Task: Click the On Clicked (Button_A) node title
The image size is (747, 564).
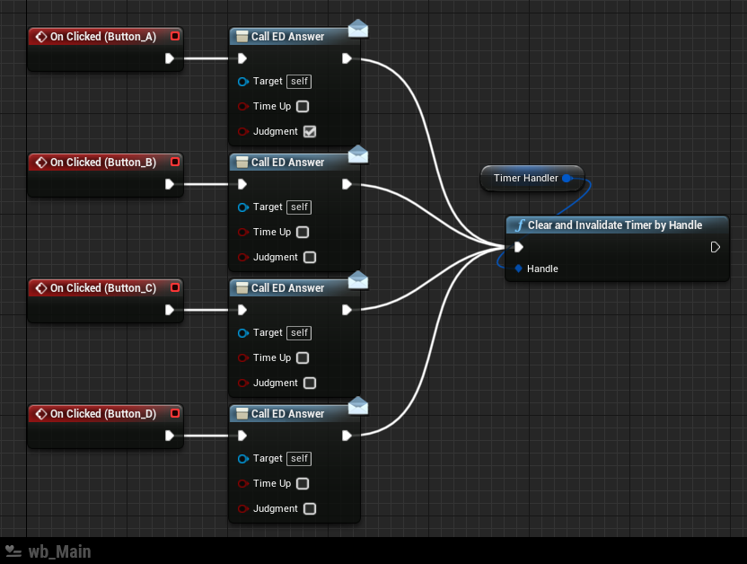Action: click(103, 37)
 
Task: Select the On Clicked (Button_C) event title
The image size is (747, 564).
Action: click(103, 288)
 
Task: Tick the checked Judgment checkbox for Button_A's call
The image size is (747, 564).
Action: click(310, 131)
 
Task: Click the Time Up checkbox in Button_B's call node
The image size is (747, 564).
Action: click(303, 232)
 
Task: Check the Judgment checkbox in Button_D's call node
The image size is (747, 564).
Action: click(310, 508)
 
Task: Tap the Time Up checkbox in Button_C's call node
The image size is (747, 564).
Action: click(303, 357)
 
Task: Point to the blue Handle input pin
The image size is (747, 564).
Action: click(518, 269)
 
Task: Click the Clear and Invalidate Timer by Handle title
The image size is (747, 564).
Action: click(615, 225)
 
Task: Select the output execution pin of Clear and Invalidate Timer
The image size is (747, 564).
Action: click(715, 247)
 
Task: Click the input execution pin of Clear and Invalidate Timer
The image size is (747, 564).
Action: click(519, 247)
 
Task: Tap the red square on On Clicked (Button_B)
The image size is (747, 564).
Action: click(175, 162)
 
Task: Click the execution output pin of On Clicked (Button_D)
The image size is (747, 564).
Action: click(170, 436)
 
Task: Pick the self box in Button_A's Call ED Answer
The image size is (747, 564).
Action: click(299, 82)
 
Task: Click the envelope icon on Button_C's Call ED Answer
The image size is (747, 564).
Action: click(358, 280)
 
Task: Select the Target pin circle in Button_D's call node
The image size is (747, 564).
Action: click(243, 459)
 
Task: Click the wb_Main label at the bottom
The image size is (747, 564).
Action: click(59, 551)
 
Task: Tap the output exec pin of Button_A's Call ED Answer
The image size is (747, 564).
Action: click(347, 58)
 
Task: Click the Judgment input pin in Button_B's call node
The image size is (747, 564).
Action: click(243, 257)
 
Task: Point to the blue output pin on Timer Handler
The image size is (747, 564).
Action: click(567, 178)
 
